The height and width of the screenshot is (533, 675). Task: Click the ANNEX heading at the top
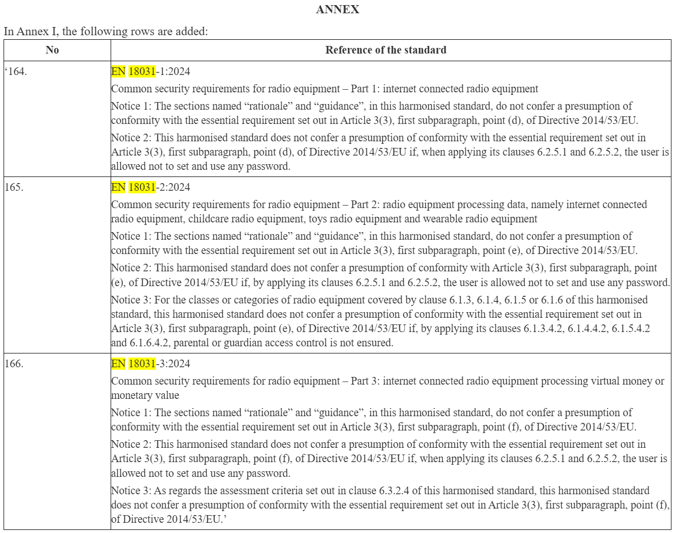pyautogui.click(x=337, y=10)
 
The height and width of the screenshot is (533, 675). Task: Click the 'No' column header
pyautogui.click(x=52, y=50)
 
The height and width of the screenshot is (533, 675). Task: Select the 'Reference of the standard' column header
pyautogui.click(x=385, y=50)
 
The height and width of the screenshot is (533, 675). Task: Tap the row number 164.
pyautogui.click(x=17, y=71)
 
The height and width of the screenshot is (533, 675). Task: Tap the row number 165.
pyautogui.click(x=14, y=187)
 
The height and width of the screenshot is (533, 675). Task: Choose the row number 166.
pyautogui.click(x=14, y=364)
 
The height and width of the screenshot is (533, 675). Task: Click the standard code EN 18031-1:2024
pyautogui.click(x=150, y=71)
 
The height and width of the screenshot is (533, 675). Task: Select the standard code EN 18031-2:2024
pyautogui.click(x=150, y=187)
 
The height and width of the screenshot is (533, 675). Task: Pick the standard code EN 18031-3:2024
pyautogui.click(x=150, y=364)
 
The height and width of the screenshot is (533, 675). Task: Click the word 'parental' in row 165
pyautogui.click(x=192, y=343)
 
